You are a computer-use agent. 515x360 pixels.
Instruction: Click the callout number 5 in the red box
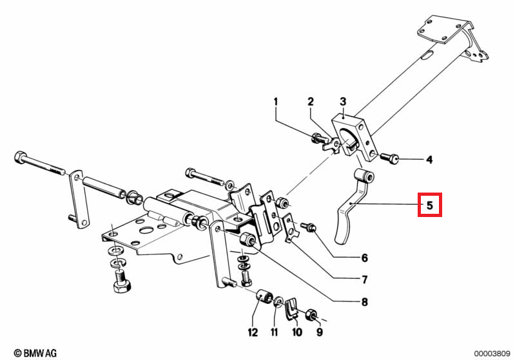pyautogui.click(x=430, y=205)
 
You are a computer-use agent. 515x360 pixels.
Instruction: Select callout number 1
pyautogui.click(x=276, y=102)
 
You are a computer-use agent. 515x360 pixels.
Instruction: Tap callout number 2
pyautogui.click(x=311, y=102)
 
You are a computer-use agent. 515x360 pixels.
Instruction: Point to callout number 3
pyautogui.click(x=343, y=101)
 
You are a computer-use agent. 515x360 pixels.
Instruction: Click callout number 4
pyautogui.click(x=429, y=160)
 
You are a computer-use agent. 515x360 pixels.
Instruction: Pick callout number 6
pyautogui.click(x=365, y=258)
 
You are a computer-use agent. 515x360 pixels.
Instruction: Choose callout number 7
pyautogui.click(x=365, y=279)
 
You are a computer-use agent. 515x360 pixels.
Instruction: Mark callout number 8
pyautogui.click(x=365, y=301)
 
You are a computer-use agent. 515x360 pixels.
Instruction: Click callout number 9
pyautogui.click(x=320, y=332)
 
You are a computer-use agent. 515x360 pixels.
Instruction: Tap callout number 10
pyautogui.click(x=297, y=332)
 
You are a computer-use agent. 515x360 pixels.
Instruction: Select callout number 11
pyautogui.click(x=274, y=332)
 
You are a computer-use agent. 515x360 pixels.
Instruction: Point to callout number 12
pyautogui.click(x=253, y=332)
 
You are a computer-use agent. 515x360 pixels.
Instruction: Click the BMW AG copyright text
pyautogui.click(x=35, y=353)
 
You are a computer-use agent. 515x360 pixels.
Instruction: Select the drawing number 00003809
pyautogui.click(x=492, y=354)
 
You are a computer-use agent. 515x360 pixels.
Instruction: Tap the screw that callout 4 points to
pyautogui.click(x=389, y=158)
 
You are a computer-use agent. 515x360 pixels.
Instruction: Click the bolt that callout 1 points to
pyautogui.click(x=318, y=138)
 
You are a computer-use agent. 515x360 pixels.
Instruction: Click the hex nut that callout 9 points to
pyautogui.click(x=311, y=315)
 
